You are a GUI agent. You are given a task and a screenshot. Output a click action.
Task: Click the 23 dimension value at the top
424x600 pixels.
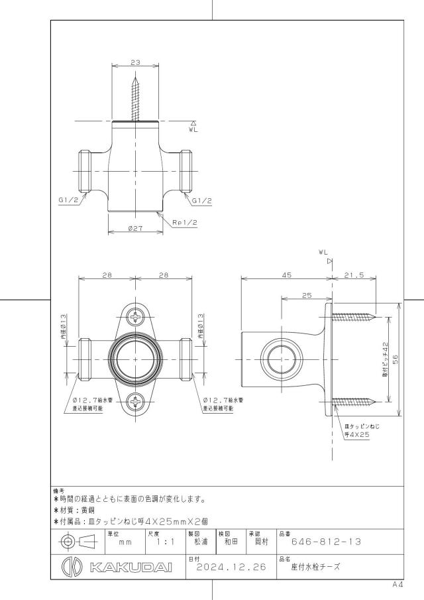coord(135,62)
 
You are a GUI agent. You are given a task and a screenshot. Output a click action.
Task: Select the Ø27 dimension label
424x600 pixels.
coord(135,228)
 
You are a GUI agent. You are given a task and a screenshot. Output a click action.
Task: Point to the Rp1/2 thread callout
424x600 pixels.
coord(185,222)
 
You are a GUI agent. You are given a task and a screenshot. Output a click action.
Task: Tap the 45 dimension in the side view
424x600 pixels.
coord(287,274)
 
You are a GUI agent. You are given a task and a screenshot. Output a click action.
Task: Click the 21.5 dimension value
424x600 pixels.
coord(354,274)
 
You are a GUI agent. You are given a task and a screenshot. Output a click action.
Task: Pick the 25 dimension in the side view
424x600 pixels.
coord(307,295)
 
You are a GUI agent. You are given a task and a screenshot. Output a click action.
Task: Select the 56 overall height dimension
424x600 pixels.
coord(396,359)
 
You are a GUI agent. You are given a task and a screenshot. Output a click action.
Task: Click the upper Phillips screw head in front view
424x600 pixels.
coord(135,317)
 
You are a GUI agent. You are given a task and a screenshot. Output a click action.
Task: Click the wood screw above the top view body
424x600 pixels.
coord(135,99)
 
